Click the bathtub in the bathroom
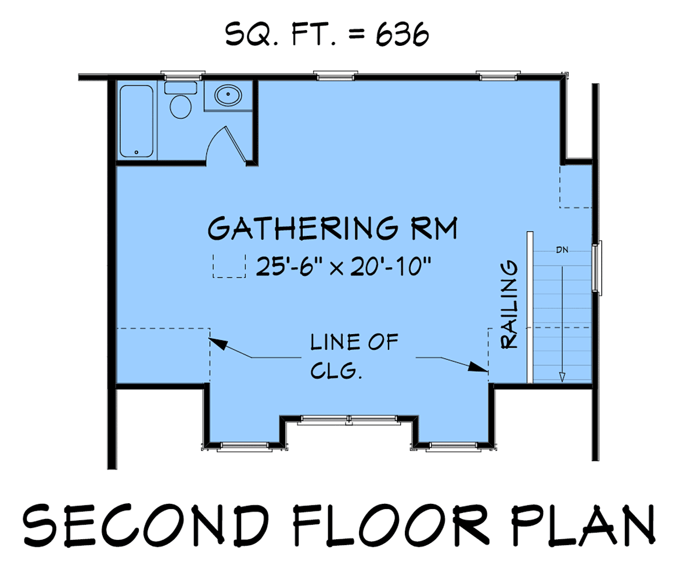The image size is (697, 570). (136, 121)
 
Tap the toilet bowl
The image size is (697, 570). (181, 107)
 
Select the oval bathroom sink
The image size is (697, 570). (228, 95)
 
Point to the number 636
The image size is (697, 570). (403, 34)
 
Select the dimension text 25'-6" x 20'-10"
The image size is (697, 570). (343, 266)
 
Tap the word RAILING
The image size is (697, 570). (509, 304)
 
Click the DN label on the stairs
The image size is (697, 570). (562, 250)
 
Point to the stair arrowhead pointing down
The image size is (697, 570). (562, 377)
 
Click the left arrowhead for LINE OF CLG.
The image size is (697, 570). (218, 343)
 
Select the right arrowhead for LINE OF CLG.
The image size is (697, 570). (478, 367)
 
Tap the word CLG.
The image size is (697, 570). (336, 370)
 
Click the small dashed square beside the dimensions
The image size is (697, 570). (229, 266)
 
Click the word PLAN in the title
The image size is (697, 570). (583, 525)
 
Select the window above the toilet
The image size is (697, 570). (183, 76)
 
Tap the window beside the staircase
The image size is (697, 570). (597, 268)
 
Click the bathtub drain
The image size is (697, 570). (136, 152)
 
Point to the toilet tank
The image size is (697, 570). (181, 88)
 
